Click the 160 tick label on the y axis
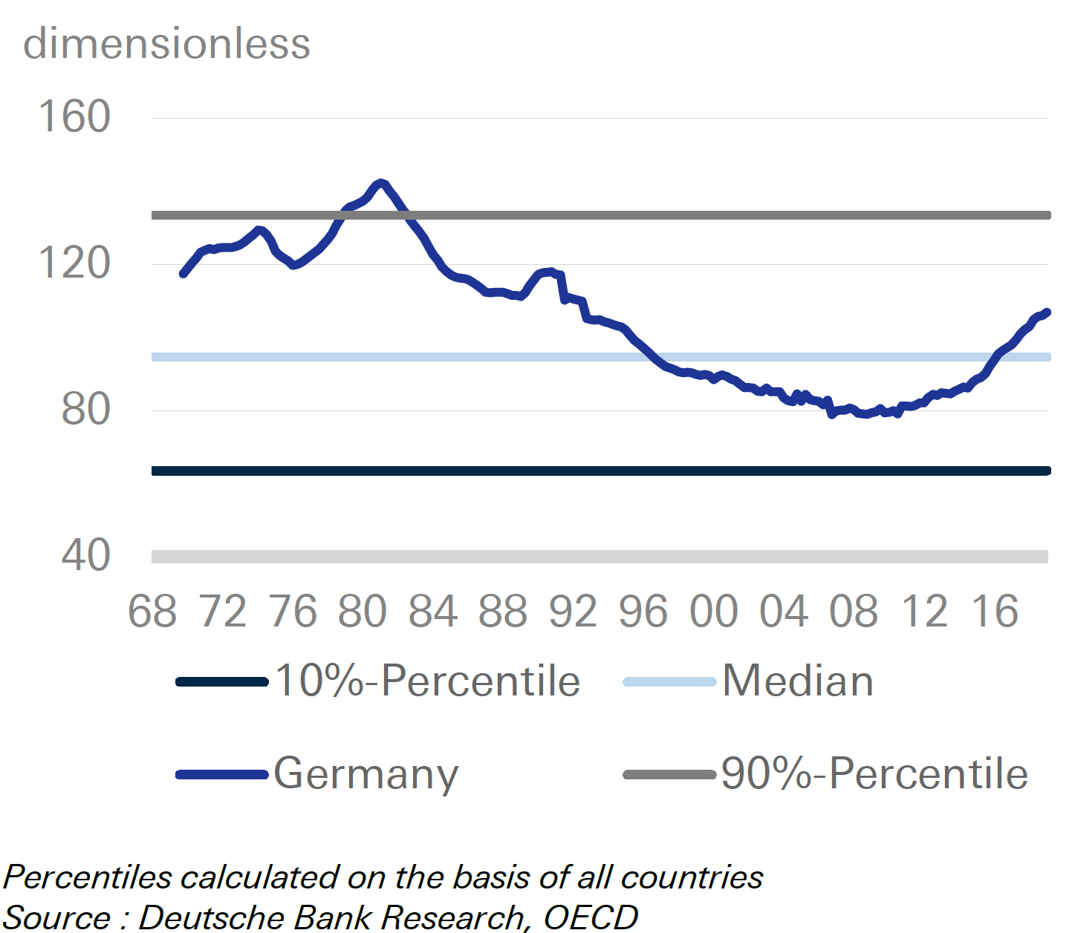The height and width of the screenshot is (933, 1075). (x=74, y=117)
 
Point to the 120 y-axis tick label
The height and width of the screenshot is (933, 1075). (x=74, y=263)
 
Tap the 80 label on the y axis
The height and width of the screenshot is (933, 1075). (x=85, y=409)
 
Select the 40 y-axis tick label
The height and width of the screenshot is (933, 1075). (x=85, y=555)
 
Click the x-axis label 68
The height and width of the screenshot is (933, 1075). (x=152, y=612)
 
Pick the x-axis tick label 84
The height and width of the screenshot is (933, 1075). (x=432, y=612)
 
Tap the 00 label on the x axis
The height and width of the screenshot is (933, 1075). (x=713, y=612)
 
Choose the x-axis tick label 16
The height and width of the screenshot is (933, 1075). (x=994, y=612)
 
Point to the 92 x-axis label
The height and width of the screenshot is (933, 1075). (x=573, y=612)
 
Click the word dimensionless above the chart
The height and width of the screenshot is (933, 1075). (x=166, y=44)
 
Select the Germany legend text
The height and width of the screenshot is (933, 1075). (x=366, y=774)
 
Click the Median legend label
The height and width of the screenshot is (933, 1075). (x=798, y=681)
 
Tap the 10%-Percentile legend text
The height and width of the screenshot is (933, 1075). (x=428, y=681)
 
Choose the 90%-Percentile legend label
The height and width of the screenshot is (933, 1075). (x=874, y=774)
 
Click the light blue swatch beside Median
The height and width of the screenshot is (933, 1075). (x=669, y=681)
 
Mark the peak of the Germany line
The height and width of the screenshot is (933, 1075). (x=381, y=183)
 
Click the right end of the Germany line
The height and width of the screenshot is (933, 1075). (x=1047, y=312)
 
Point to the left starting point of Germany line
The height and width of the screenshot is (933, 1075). (x=183, y=274)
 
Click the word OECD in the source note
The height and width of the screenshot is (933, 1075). (x=591, y=917)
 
